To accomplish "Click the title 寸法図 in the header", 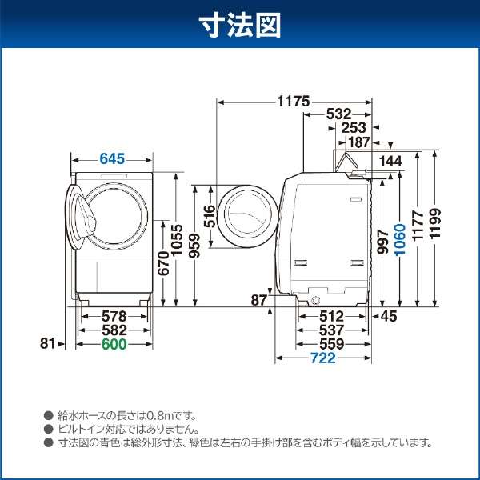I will coord(240,26).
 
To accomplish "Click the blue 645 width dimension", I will coord(112,159).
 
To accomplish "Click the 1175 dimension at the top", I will coord(294,102).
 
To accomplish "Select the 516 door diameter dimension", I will coord(209,218).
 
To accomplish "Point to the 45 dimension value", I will coord(388,317).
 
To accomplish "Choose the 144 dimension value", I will coord(390,162).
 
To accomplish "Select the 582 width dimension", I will coord(114,330).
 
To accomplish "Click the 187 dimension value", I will coord(358,142).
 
